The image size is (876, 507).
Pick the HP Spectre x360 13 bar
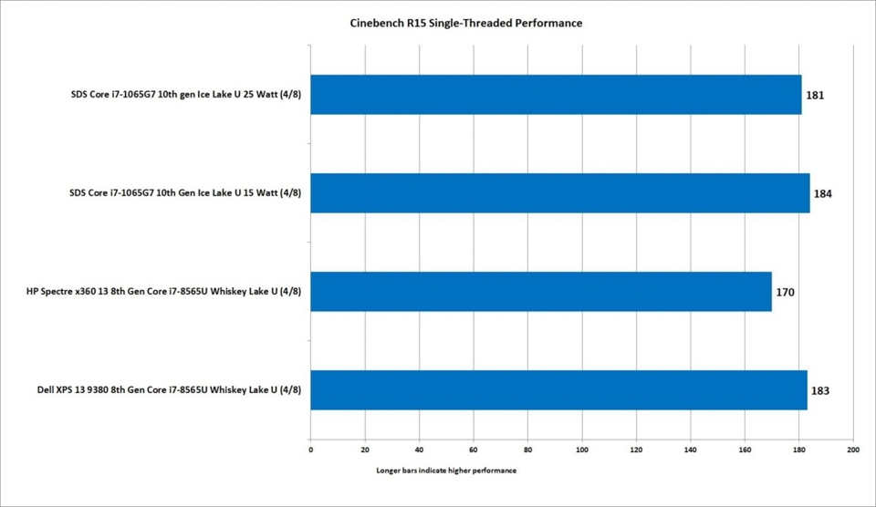tap(540, 292)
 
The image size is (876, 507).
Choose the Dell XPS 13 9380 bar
tap(558, 390)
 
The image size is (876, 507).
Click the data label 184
tap(822, 193)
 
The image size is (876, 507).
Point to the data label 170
tap(784, 293)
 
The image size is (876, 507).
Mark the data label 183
tap(819, 391)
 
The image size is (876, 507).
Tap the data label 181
tap(815, 95)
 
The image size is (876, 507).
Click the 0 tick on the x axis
tap(310, 450)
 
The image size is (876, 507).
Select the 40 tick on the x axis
tap(419, 450)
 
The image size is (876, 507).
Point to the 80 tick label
tap(527, 450)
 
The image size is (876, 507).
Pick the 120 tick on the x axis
tap(636, 450)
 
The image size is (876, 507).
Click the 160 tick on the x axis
tap(745, 450)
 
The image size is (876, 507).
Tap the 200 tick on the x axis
tap(853, 450)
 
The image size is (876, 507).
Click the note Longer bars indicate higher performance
tap(445, 471)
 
